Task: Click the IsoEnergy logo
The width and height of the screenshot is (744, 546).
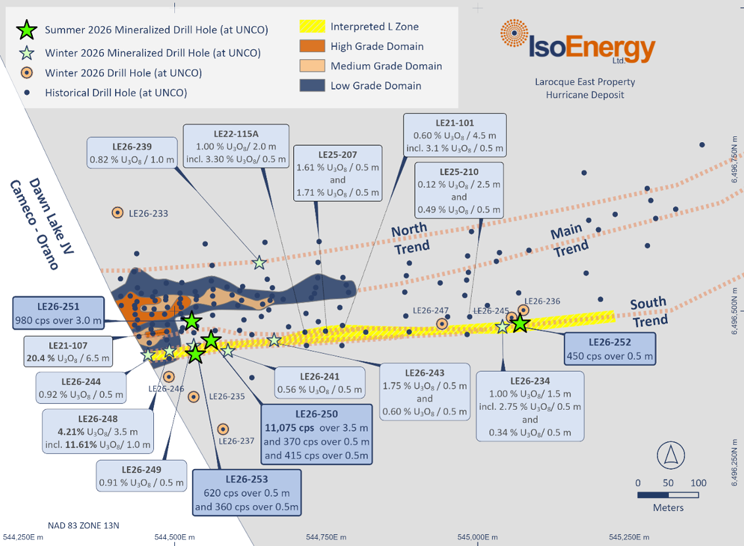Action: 578,42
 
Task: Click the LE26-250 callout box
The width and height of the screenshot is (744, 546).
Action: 317,434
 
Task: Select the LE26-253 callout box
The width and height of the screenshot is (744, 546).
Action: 246,493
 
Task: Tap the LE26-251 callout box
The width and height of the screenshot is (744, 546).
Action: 58,313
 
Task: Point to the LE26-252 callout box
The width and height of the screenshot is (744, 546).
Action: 610,349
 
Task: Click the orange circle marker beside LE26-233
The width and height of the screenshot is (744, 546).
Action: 117,212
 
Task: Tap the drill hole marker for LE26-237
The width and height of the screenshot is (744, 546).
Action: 223,429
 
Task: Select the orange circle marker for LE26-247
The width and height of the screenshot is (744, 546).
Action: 442,324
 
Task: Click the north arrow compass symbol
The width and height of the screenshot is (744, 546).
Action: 670,455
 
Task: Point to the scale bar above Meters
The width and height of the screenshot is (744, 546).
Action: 668,495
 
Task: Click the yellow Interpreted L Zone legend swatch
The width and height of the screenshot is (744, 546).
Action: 312,26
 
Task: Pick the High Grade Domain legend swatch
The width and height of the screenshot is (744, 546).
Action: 312,46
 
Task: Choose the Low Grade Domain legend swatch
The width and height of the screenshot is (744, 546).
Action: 312,86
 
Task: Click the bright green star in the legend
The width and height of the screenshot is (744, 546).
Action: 26,30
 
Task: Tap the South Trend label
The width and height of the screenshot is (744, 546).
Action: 649,312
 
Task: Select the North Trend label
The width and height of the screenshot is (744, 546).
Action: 411,238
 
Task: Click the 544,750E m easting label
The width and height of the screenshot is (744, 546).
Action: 326,537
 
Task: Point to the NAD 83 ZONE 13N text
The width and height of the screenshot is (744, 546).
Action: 83,526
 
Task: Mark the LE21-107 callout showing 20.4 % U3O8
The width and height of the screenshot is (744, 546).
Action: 68,352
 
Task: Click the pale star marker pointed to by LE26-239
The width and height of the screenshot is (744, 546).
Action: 259,262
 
